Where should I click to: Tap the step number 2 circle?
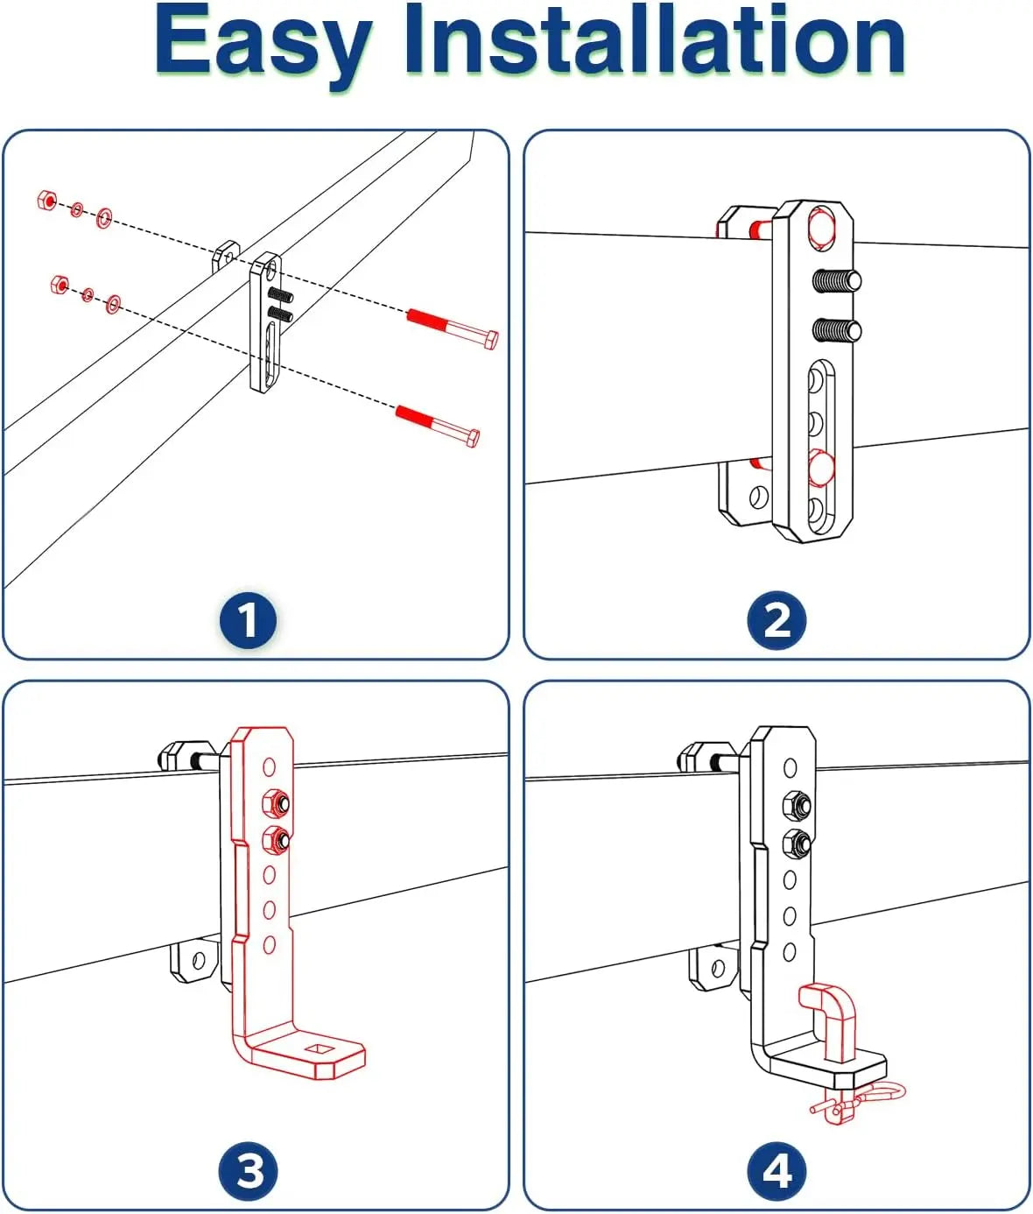777,621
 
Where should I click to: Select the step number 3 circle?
249,1171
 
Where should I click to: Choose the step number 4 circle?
777,1171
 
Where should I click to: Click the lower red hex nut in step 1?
60,284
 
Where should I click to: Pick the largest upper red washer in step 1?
104,216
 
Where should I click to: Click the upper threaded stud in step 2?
837,281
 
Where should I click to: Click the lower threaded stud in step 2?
837,330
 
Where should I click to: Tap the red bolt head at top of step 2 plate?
823,227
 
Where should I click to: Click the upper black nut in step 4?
795,803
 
